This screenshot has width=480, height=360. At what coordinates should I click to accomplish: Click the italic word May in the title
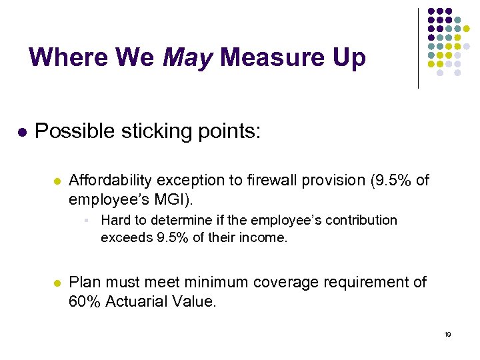[x=187, y=58]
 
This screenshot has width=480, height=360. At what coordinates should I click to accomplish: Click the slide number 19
[x=447, y=334]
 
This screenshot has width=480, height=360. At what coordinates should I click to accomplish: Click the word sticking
[x=151, y=131]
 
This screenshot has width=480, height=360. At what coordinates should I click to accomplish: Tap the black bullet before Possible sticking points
[x=22, y=133]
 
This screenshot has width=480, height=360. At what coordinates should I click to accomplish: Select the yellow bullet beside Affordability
[x=57, y=181]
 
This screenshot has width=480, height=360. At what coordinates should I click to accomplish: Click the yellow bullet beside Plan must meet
[x=57, y=283]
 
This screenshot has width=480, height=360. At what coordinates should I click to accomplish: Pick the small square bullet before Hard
[x=87, y=220]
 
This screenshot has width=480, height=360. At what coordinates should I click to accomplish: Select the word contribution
[x=362, y=220]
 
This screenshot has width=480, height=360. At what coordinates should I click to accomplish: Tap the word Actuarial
[x=138, y=301]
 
